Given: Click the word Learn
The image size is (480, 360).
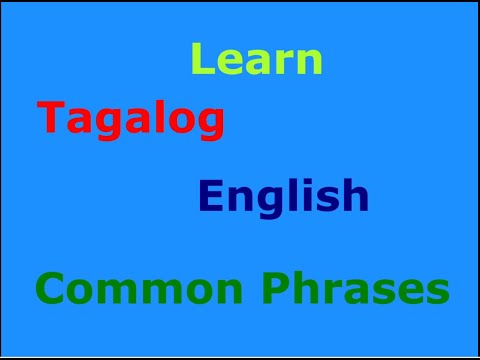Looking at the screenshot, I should (x=257, y=60).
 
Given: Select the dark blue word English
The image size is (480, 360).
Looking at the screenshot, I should (x=284, y=196).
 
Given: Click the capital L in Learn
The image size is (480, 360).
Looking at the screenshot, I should (x=201, y=60).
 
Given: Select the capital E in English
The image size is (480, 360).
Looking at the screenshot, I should (x=209, y=195).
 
